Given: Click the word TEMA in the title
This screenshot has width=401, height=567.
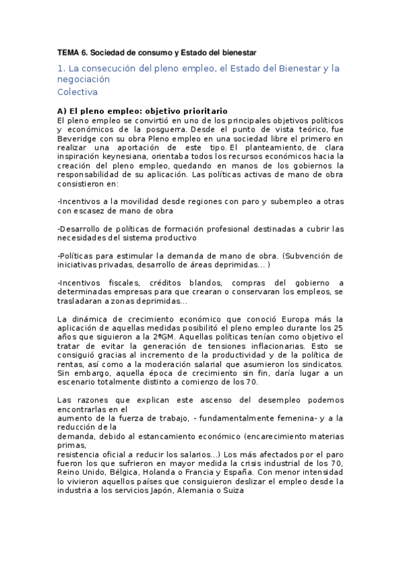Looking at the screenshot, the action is [68, 51].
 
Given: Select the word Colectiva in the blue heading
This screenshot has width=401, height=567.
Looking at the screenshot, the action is [78, 92].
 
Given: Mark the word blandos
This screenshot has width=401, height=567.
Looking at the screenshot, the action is [216, 282].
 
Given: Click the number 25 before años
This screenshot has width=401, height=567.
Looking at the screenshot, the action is [338, 328].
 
